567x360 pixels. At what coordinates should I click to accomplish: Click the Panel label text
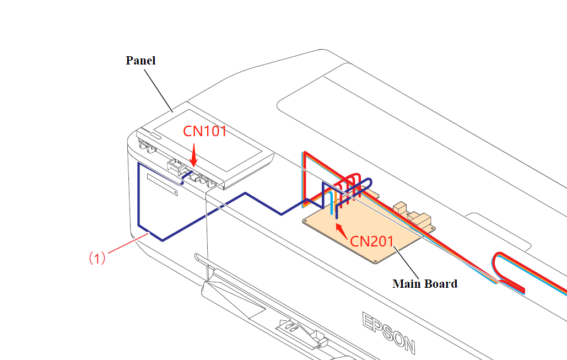(141, 61)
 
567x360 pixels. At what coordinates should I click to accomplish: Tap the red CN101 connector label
(204, 132)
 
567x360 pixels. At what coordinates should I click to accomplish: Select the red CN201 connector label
(372, 241)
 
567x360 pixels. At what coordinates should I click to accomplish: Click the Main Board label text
(424, 284)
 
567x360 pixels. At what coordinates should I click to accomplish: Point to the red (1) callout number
(97, 257)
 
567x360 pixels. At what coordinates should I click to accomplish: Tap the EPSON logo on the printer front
(388, 333)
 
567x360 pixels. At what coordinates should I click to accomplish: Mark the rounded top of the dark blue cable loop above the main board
(365, 181)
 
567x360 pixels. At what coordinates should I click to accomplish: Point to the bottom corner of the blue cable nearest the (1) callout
(162, 240)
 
